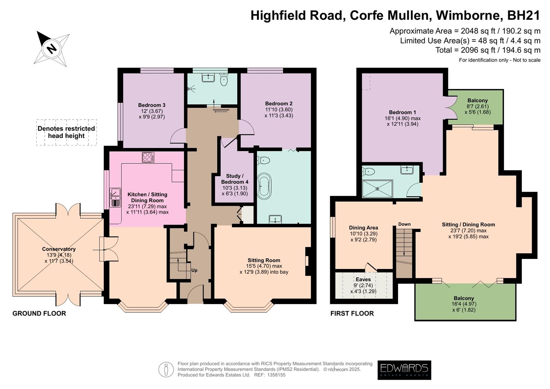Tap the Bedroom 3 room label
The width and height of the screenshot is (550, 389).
(x=152, y=105)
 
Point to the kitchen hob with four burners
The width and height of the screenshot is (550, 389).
(x=148, y=157)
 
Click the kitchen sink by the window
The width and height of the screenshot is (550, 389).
(x=115, y=197)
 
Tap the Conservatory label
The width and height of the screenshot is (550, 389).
(x=59, y=249)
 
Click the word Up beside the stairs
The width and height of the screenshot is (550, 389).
(x=194, y=270)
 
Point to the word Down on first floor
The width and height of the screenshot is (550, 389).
(x=404, y=224)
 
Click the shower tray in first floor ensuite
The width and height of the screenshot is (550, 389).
(x=377, y=188)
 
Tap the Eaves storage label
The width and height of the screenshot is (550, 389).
(x=363, y=279)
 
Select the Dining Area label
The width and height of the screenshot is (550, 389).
(x=363, y=228)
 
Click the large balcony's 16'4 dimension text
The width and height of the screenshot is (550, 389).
(x=464, y=304)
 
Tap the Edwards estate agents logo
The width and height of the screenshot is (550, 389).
(x=404, y=370)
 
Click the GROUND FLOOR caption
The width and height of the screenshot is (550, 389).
(x=39, y=313)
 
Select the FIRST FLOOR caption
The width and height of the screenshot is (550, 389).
(x=352, y=313)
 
